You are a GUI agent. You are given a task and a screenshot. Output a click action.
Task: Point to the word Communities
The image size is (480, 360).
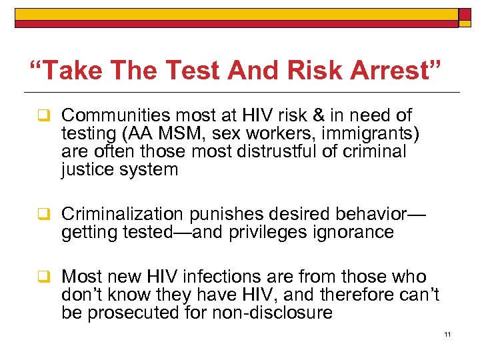(x=113, y=116)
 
